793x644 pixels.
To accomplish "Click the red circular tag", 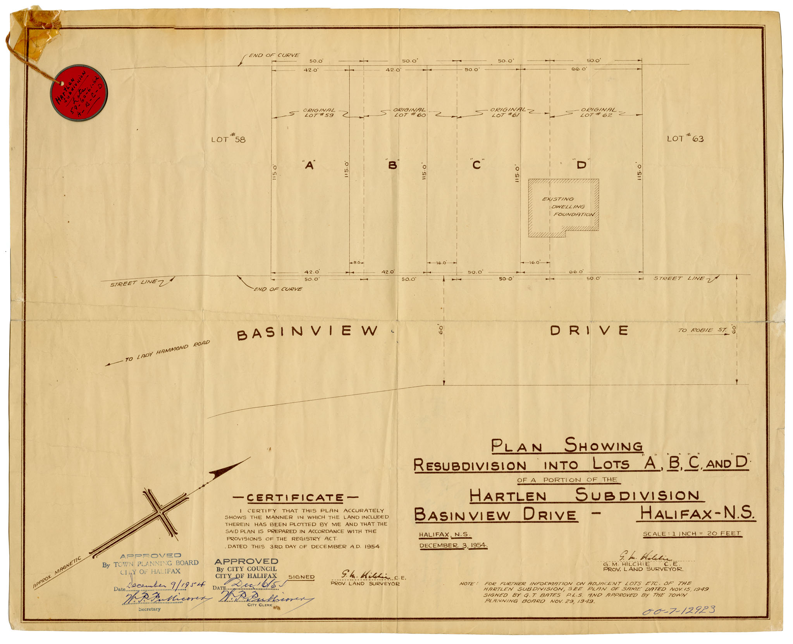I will click(79, 93).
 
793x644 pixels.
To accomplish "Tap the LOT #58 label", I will click(228, 139).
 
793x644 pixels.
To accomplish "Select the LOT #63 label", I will click(685, 138).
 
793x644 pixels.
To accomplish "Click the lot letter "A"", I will click(309, 165).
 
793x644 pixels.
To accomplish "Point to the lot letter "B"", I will click(392, 165).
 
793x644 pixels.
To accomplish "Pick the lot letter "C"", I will click(476, 165).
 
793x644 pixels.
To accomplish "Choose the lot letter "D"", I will click(581, 165).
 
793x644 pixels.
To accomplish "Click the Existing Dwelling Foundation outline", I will click(564, 208).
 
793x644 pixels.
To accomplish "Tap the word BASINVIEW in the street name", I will click(307, 332).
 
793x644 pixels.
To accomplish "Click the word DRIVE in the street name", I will click(589, 330).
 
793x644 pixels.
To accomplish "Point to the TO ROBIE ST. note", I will click(702, 330).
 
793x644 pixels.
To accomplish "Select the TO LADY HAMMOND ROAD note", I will click(167, 351).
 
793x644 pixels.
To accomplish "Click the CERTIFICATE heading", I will click(295, 498).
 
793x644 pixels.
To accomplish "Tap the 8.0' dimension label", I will click(356, 262).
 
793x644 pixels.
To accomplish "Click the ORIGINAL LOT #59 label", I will click(319, 113).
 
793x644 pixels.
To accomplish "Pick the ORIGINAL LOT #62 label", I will click(598, 112).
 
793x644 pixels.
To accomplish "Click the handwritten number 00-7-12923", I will click(678, 611).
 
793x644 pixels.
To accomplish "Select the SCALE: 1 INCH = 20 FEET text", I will click(692, 533).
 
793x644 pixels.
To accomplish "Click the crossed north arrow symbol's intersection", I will click(160, 513).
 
